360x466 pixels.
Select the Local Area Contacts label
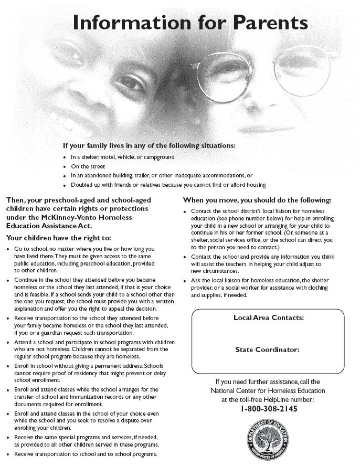click(x=268, y=317)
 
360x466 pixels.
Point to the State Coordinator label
click(x=268, y=349)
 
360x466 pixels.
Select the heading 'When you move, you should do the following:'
click(x=257, y=200)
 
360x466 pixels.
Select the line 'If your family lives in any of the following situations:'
click(x=149, y=145)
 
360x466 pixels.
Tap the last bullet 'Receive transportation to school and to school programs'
click(x=86, y=454)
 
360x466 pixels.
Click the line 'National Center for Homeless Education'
click(x=268, y=390)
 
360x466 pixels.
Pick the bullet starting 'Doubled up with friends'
click(x=168, y=185)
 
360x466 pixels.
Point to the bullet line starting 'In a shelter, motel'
click(x=122, y=157)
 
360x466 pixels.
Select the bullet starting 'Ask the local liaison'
click(x=260, y=288)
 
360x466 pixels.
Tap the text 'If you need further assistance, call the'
click(x=268, y=382)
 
